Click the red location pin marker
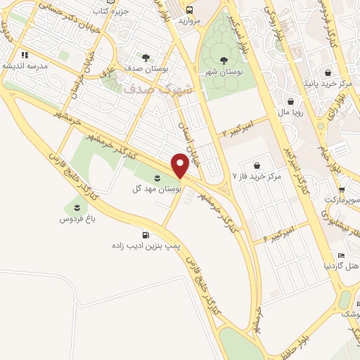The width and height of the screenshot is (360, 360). coord(181,166)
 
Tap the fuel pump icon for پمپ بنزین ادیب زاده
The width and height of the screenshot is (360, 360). coord(146,235)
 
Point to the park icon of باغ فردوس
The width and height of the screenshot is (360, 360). coord(75,207)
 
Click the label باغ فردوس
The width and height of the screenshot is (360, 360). coord(75,219)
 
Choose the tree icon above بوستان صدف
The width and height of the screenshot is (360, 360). coord(146,58)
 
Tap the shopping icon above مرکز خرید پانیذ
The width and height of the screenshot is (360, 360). coord(328,72)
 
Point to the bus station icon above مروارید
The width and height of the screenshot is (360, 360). coord(190,9)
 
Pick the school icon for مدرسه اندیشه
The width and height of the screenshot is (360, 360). coord(24,54)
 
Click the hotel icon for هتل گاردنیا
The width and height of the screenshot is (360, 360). coord(341,256)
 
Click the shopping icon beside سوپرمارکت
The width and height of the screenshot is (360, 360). coord(341,189)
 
